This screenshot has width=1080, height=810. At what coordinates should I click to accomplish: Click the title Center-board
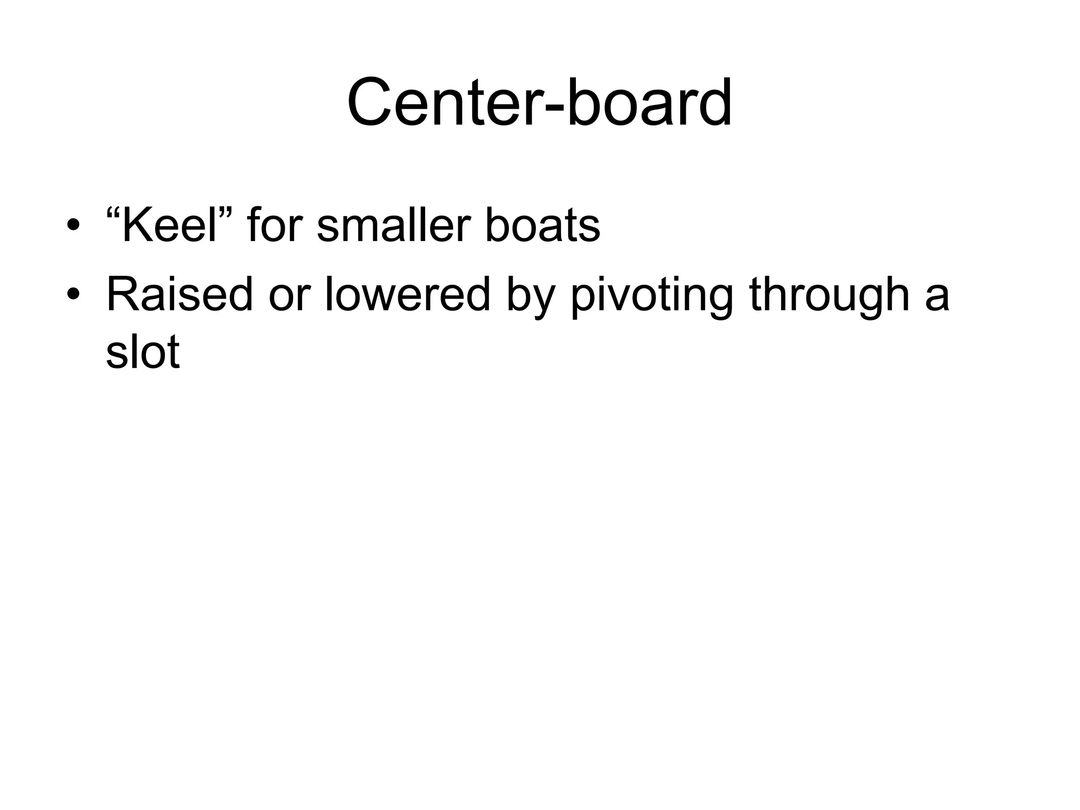[x=539, y=102]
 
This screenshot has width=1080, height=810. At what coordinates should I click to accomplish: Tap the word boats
[x=542, y=226]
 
